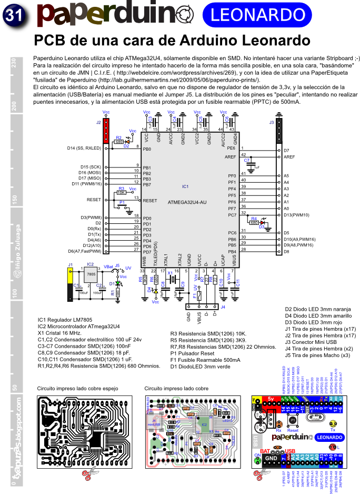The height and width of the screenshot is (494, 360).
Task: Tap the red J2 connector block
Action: pyautogui.click(x=106, y=131)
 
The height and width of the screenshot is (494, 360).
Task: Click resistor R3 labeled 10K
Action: pyautogui.click(x=121, y=193)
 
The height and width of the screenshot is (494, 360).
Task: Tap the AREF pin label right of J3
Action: pyautogui.click(x=289, y=157)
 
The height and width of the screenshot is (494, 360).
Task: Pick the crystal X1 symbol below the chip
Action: pyautogui.click(x=170, y=279)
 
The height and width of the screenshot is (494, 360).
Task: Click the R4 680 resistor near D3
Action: pyautogui.click(x=254, y=222)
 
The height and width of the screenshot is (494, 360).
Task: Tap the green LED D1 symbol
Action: pyautogui.click(x=118, y=284)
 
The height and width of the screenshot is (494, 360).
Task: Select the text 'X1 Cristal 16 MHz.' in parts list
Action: pyautogui.click(x=59, y=333)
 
